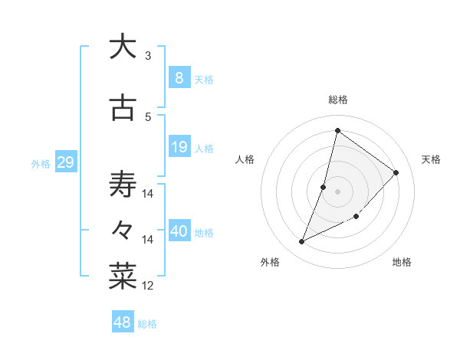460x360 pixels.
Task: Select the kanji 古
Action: (123, 110)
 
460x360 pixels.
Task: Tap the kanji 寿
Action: (123, 185)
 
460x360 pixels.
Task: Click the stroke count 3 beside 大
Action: (147, 56)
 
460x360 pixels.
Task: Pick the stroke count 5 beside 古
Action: (147, 116)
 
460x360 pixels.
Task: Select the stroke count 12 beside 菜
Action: (148, 286)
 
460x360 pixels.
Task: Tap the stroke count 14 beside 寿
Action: (148, 194)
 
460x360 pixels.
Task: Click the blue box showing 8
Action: (179, 78)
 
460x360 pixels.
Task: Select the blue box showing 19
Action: (179, 147)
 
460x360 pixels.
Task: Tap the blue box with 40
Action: (179, 232)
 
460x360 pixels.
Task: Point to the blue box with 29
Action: (65, 162)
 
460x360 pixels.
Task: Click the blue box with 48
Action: (122, 322)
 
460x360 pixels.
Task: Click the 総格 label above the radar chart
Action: (338, 100)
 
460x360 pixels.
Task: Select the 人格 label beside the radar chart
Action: (245, 159)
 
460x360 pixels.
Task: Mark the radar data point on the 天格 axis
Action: (396, 172)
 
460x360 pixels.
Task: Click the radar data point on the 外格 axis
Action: (302, 242)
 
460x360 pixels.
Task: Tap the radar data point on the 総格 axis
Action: (337, 130)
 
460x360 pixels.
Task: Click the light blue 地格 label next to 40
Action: (205, 233)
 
